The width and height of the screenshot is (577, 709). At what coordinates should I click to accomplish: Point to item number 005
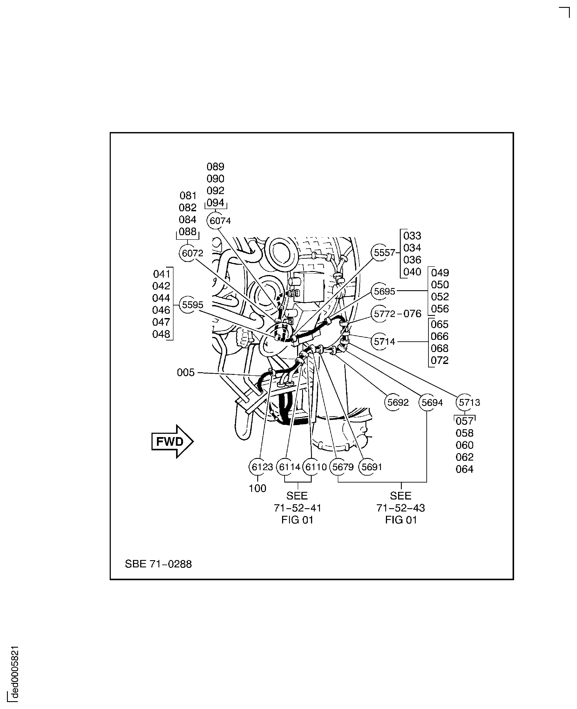[x=185, y=372]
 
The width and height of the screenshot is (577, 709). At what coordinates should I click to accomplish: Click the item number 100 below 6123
[x=257, y=488]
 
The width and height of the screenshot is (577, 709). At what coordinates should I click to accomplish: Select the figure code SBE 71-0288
[x=158, y=564]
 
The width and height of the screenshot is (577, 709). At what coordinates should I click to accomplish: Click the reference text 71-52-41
[x=298, y=508]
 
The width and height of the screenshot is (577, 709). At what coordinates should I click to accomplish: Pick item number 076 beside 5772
[x=412, y=314]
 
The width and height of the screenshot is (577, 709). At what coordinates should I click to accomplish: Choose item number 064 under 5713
[x=464, y=469]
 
